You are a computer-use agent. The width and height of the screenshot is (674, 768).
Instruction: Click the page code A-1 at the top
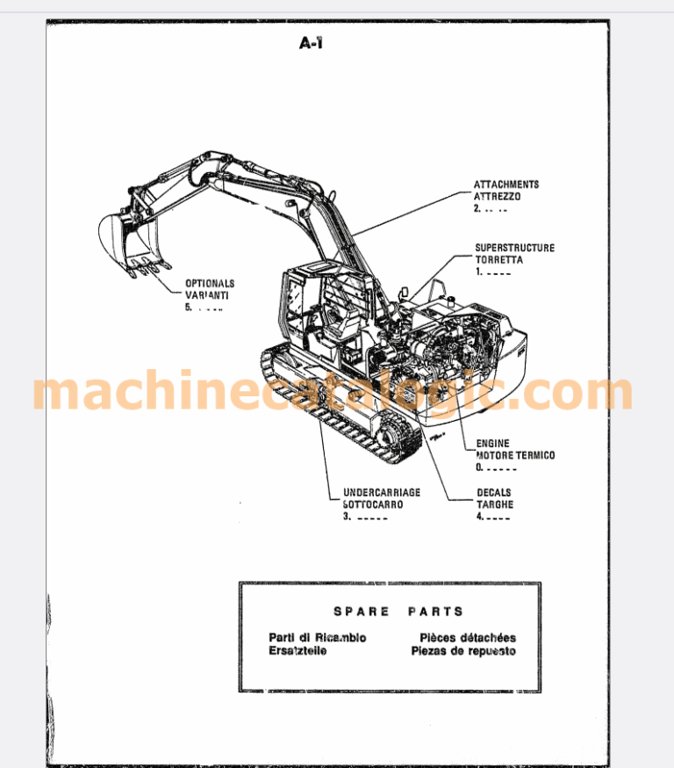click(x=312, y=42)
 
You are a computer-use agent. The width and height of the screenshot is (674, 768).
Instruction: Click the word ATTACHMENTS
click(x=506, y=185)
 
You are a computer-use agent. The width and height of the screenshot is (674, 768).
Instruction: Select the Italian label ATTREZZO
click(x=497, y=198)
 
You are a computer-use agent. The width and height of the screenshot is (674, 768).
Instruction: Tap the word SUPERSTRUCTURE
click(x=514, y=249)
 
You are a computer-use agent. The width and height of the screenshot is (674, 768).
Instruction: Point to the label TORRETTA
click(x=498, y=261)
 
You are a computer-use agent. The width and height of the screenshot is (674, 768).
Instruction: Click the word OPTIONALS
click(x=210, y=284)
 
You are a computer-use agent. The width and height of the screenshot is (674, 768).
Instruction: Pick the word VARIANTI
click(x=206, y=296)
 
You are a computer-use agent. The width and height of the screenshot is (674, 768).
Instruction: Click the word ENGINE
click(x=492, y=444)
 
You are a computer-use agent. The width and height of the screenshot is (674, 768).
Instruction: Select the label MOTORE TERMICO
click(x=515, y=456)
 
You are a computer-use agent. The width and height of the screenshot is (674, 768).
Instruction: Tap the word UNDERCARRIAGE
click(x=382, y=493)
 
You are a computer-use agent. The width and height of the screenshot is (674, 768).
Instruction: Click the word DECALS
click(x=493, y=493)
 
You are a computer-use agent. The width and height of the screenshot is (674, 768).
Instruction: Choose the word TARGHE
click(x=495, y=505)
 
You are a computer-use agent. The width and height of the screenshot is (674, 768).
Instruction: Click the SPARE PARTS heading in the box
click(x=398, y=612)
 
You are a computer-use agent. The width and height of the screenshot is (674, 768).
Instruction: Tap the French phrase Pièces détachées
click(x=468, y=638)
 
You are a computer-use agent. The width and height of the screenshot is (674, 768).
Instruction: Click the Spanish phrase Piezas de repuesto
click(x=463, y=651)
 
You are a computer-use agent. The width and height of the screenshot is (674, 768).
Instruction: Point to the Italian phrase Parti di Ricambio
click(x=318, y=638)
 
